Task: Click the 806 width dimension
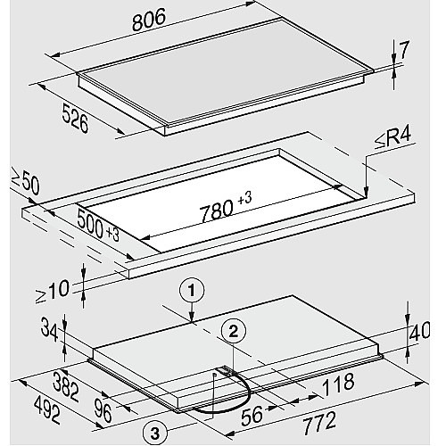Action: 149,20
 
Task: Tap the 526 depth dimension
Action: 76,118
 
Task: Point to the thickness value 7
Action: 404,50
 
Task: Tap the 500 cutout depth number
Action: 91,223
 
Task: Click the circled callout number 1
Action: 192,291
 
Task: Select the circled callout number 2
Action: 233,331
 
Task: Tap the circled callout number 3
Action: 155,434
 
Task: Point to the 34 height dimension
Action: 49,329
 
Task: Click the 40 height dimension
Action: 419,331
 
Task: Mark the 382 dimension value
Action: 66,387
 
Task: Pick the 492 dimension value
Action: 47,411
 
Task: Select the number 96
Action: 103,410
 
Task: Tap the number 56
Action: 252,416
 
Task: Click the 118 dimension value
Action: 338,384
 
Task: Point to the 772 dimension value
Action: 319,423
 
